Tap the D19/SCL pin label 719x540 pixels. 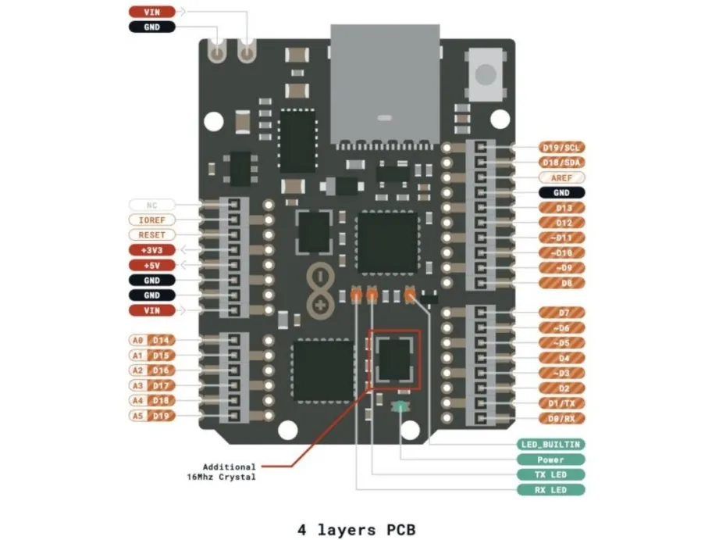(561, 148)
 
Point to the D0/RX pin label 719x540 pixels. (561, 418)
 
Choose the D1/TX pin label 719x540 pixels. (561, 403)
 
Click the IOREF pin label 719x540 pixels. (151, 220)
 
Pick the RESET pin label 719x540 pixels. (151, 235)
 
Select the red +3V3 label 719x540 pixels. (151, 250)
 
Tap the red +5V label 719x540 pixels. (151, 265)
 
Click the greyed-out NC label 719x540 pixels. (151, 206)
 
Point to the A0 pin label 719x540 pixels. (137, 341)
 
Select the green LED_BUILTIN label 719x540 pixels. (550, 445)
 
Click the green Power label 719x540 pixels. (550, 460)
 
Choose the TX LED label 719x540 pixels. (550, 474)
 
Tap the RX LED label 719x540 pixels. (550, 490)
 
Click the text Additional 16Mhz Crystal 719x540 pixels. (222, 471)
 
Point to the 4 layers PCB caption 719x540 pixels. (359, 530)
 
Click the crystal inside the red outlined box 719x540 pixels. (394, 359)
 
